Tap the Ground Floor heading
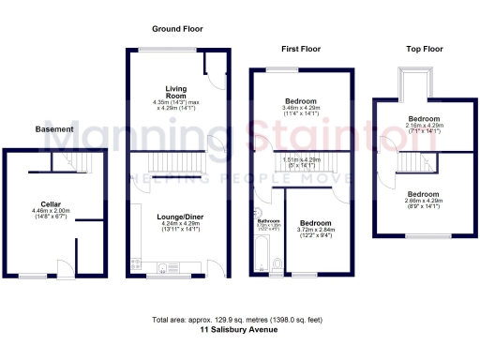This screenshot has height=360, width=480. [173, 30]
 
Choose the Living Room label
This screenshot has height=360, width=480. [177, 91]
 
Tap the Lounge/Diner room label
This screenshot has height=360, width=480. [178, 217]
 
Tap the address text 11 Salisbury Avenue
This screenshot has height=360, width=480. [239, 330]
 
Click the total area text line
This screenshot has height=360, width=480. [239, 321]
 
